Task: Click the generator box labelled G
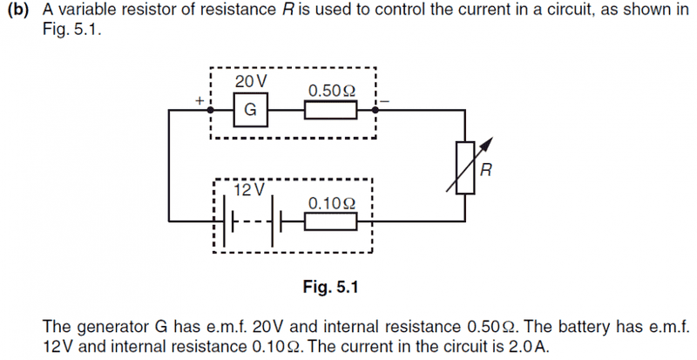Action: (x=250, y=111)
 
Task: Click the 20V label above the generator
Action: (x=251, y=81)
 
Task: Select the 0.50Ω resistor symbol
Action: (x=330, y=111)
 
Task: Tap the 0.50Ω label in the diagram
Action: (x=332, y=91)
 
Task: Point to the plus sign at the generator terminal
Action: (x=200, y=101)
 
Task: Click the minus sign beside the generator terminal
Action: (x=386, y=101)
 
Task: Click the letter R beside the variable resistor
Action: (x=485, y=171)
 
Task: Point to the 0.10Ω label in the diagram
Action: (x=332, y=203)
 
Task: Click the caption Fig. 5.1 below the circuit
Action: (x=330, y=286)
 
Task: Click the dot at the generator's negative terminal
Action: (x=375, y=111)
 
